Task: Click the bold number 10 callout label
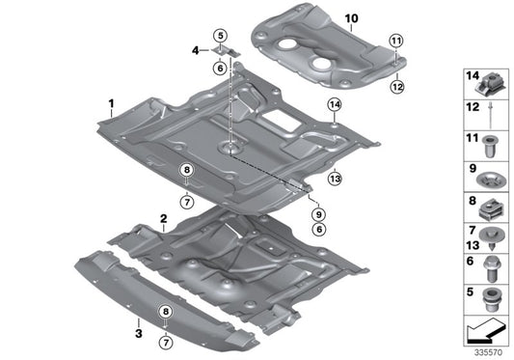click(351, 18)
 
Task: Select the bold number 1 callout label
click(112, 103)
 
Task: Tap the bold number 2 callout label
click(164, 218)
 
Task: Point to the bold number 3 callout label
click(139, 334)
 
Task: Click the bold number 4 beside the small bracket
click(196, 50)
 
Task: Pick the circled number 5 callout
click(220, 36)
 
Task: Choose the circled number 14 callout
click(335, 105)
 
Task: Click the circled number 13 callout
click(335, 179)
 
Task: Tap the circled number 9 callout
click(318, 214)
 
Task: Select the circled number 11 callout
click(396, 42)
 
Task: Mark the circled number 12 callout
click(397, 87)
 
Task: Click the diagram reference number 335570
click(488, 353)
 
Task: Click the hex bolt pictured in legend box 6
click(491, 269)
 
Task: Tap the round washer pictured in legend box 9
click(491, 180)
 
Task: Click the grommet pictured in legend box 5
click(491, 299)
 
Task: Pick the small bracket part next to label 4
click(226, 51)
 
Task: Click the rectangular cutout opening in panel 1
click(280, 120)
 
